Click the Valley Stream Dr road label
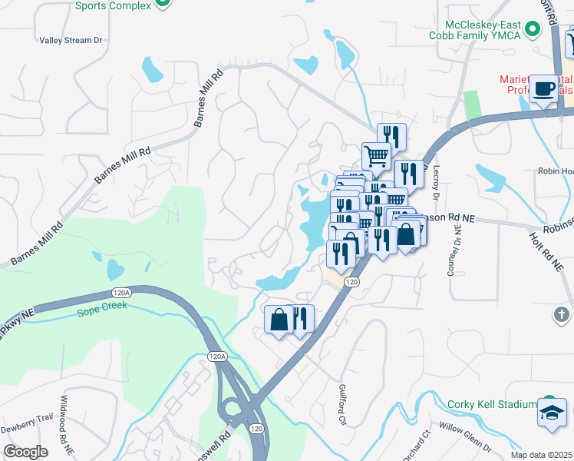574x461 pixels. click(x=71, y=40)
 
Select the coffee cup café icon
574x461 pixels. click(x=544, y=88)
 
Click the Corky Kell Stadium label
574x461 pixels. click(x=491, y=405)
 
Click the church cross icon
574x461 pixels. click(x=562, y=314)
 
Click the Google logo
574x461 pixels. click(x=25, y=452)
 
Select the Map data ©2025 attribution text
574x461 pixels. click(x=541, y=455)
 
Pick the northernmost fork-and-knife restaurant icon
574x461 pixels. click(x=392, y=136)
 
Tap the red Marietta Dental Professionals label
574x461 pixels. click(x=536, y=85)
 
